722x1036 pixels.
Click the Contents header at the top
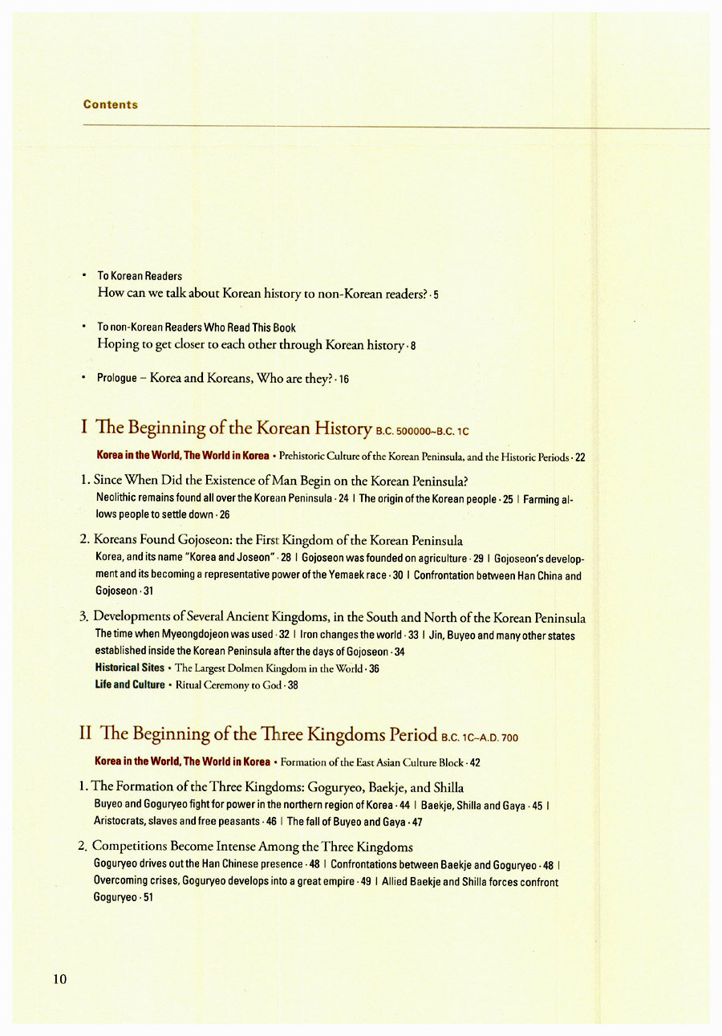(x=111, y=104)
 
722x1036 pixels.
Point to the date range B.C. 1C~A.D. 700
(x=480, y=737)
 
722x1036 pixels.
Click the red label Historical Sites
(x=130, y=668)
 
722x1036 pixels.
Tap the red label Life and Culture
(x=130, y=685)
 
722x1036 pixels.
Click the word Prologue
(x=117, y=378)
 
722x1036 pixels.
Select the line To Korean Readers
(x=140, y=276)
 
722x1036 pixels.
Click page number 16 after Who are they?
(x=343, y=379)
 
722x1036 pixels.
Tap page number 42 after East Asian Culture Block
(x=475, y=762)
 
